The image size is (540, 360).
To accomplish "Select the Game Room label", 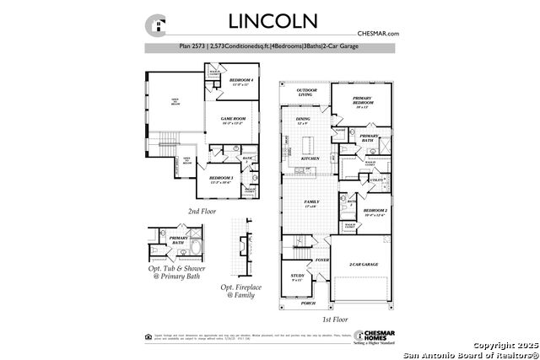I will click(233, 120).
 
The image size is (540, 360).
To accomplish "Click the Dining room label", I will click(302, 121).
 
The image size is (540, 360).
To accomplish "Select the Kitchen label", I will click(310, 158).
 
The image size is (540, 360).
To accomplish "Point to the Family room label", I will click(311, 202).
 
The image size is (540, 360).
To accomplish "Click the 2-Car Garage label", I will click(363, 265).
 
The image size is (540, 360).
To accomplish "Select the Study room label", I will click(297, 277).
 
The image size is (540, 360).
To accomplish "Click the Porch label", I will click(309, 304).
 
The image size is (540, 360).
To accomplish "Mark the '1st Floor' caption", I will click(335, 320).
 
